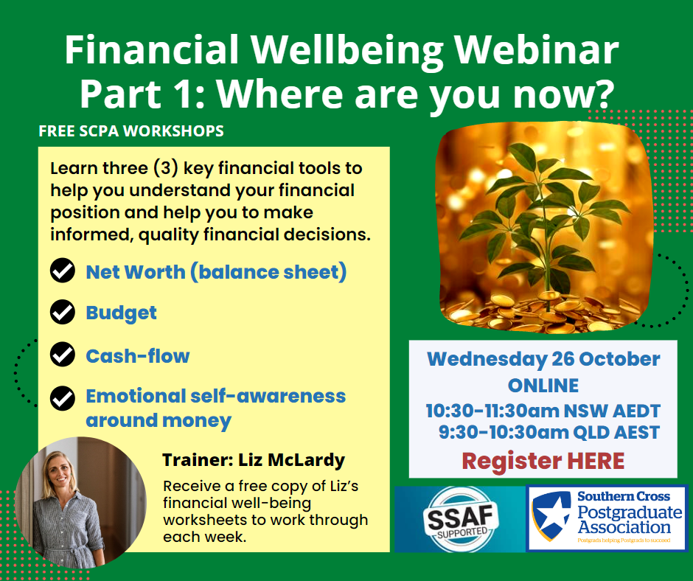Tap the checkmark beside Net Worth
63,270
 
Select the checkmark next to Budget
63,312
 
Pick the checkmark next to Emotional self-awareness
63,398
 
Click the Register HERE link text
543,461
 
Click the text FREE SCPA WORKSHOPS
131,131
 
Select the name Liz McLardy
292,460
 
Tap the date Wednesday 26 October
543,359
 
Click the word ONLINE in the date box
543,386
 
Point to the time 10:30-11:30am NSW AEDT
543,411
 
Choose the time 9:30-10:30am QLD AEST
549,432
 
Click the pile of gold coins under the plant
543,312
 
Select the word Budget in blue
121,313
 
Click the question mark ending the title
604,93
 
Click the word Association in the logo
624,527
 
